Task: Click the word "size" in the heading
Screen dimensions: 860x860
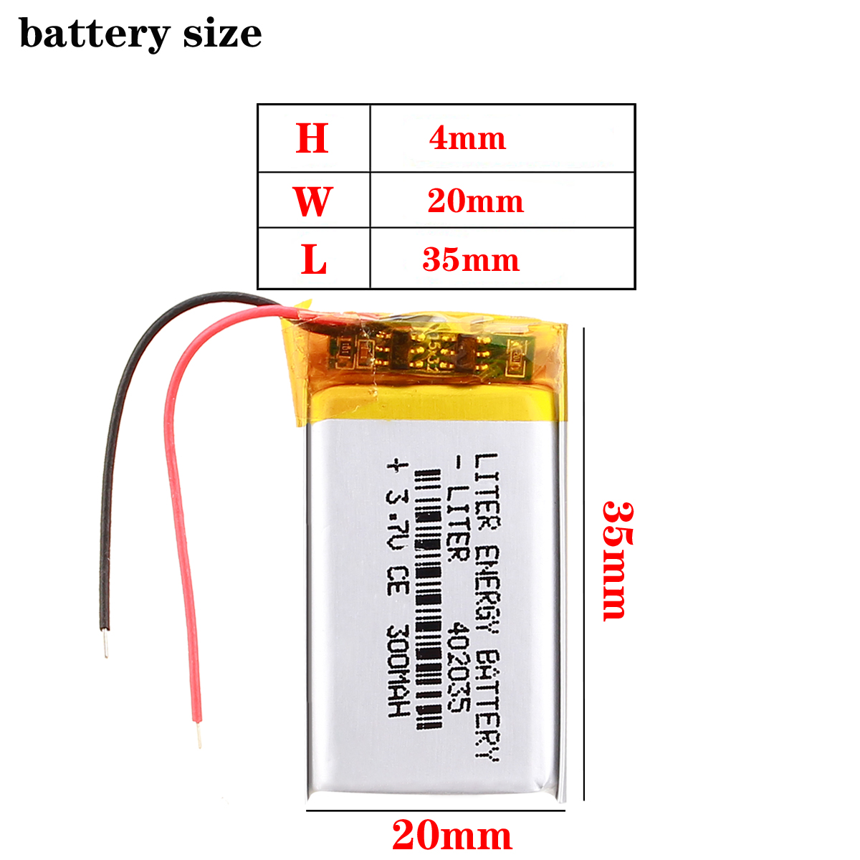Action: pos(222,33)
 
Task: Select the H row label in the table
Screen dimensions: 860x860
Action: pos(312,138)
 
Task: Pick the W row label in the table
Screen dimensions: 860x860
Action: pos(312,201)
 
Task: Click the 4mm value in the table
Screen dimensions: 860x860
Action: pos(467,138)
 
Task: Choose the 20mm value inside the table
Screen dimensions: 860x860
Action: pos(475,201)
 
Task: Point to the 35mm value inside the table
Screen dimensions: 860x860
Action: pos(471,259)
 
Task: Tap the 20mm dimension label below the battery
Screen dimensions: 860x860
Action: pos(451,835)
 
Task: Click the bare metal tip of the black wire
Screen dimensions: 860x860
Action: pos(106,643)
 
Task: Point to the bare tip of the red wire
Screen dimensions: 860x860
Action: pos(198,735)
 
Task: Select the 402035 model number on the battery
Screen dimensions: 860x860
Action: pos(457,666)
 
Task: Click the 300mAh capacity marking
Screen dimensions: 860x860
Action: pos(396,670)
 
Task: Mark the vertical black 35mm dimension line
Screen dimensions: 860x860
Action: pos(585,563)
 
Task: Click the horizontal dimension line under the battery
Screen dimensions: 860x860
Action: pos(436,811)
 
